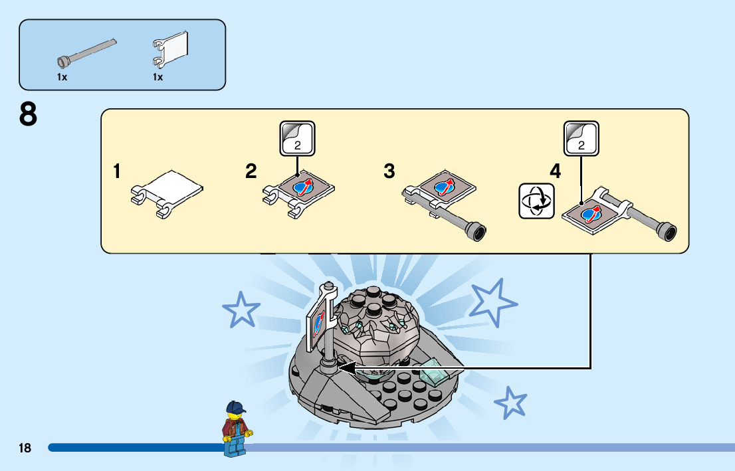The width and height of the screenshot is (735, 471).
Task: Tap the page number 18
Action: pyautogui.click(x=25, y=448)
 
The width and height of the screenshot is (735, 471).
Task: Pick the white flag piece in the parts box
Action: pyautogui.click(x=171, y=50)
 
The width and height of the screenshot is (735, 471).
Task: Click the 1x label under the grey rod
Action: pyautogui.click(x=62, y=77)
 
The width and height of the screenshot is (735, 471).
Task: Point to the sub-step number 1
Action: pyautogui.click(x=117, y=172)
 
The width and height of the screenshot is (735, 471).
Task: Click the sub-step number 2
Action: pyautogui.click(x=251, y=172)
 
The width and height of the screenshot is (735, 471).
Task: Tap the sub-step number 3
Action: pyautogui.click(x=389, y=172)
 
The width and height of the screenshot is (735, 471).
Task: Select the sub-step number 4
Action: pyautogui.click(x=556, y=172)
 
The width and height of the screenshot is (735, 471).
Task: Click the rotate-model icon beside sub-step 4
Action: pyautogui.click(x=536, y=201)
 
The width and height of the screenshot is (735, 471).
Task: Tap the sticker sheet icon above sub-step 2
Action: pyautogui.click(x=297, y=138)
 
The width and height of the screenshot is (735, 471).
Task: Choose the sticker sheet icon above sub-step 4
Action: pyautogui.click(x=581, y=138)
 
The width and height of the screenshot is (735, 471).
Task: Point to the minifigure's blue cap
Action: pyautogui.click(x=235, y=407)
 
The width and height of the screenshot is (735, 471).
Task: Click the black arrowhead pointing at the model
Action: pyautogui.click(x=344, y=367)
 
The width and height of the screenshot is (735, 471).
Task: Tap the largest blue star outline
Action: pyautogui.click(x=493, y=300)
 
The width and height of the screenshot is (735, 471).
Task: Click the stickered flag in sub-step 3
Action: pyautogui.click(x=444, y=188)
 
